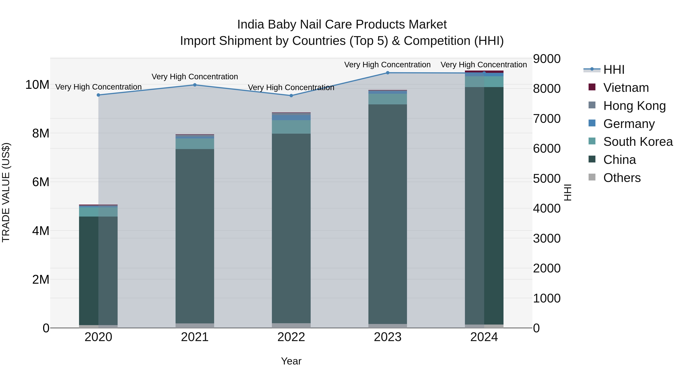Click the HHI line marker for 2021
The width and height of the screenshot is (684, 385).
click(195, 85)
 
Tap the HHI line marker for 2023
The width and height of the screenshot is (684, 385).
click(387, 73)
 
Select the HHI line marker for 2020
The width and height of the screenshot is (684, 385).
click(98, 95)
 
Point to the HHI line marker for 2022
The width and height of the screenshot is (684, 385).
click(291, 96)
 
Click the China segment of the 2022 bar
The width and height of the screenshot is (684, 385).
click(291, 229)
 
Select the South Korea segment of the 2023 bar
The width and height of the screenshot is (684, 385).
click(387, 99)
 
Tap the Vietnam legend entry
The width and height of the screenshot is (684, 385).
click(626, 88)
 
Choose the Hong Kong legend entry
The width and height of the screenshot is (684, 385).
click(634, 106)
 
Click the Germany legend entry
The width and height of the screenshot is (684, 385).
click(629, 124)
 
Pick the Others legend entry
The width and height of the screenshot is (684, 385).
click(622, 178)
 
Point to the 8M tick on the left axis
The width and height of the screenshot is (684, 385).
click(41, 133)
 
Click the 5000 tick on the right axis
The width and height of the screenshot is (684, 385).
click(546, 179)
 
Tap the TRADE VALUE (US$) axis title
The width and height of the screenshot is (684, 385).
click(6, 192)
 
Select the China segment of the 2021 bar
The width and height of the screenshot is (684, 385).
click(195, 237)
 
